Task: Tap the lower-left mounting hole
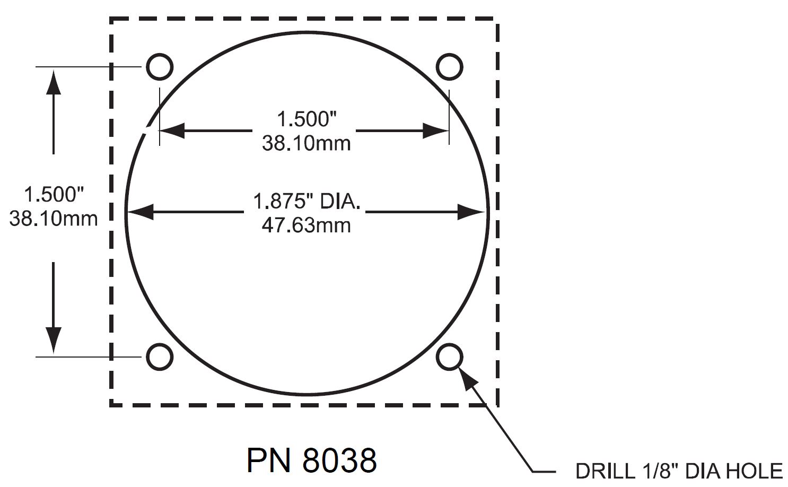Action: tap(159, 356)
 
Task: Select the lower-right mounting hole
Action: tap(449, 356)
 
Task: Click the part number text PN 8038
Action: tap(311, 460)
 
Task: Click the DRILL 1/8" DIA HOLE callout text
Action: tap(679, 471)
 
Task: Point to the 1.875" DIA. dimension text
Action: tap(307, 202)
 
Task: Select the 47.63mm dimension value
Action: tap(306, 225)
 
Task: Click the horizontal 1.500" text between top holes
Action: tap(307, 119)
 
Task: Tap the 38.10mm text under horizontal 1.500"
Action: tap(306, 143)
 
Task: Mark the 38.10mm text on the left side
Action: tap(54, 218)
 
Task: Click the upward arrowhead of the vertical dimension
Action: tap(53, 82)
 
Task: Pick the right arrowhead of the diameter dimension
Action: tap(471, 212)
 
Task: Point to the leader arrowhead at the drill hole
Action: tap(466, 377)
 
